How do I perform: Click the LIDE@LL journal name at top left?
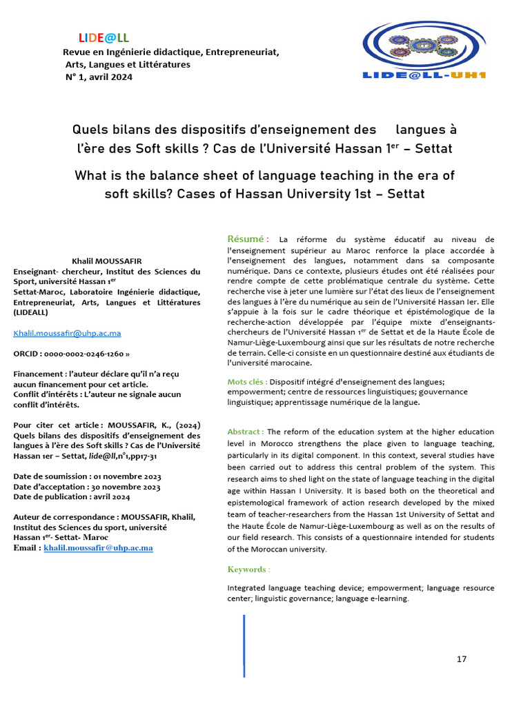(104, 38)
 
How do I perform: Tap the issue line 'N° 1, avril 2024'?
(98, 77)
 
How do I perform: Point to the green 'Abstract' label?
(245, 432)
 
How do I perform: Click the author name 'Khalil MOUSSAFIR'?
(106, 262)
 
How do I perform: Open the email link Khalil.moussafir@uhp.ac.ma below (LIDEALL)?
(68, 333)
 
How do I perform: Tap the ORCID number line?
(72, 354)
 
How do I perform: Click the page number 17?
(462, 659)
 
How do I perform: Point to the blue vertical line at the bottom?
(244, 645)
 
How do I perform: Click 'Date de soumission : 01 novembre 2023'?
(87, 477)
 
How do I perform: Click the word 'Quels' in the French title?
(92, 130)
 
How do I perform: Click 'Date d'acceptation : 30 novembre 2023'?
(87, 487)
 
